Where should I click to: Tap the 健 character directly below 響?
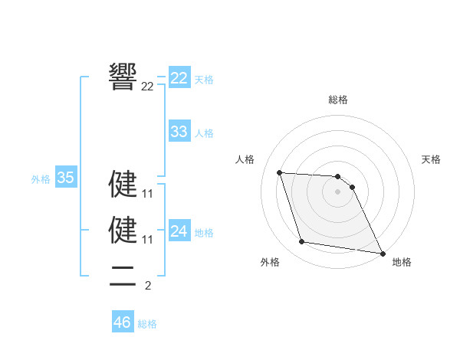[x=123, y=185]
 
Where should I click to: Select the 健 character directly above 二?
[x=123, y=229]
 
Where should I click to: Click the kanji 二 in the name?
[x=123, y=276]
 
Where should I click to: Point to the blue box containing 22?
[x=179, y=78]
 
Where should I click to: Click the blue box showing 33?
[x=179, y=131]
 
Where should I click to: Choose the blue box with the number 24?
[x=179, y=231]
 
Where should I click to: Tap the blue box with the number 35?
[x=66, y=178]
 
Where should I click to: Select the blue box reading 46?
[x=123, y=322]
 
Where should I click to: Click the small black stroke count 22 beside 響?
[x=148, y=87]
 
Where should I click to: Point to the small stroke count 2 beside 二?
[x=148, y=286]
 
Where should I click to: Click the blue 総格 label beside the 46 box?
[x=147, y=324]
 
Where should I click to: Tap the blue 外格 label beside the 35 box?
[x=41, y=179]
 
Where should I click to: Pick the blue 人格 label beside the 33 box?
[x=204, y=133]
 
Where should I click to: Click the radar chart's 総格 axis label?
[x=338, y=100]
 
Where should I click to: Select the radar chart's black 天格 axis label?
[x=432, y=159]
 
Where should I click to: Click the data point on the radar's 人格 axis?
[x=280, y=172]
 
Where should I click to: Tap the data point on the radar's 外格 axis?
[x=302, y=242]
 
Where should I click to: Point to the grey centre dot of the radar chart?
[x=338, y=192]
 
